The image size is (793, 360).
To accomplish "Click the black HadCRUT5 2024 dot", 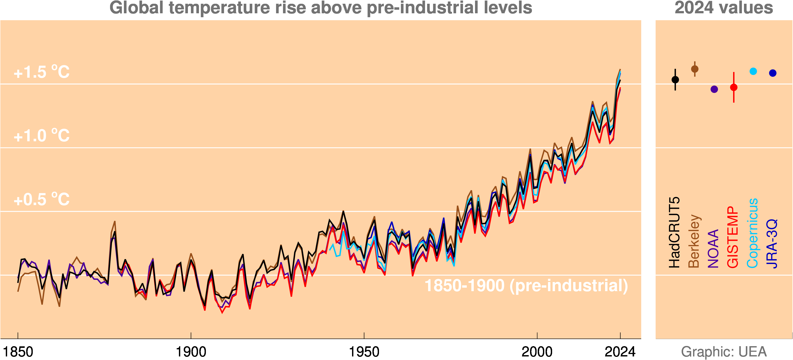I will click(675, 80).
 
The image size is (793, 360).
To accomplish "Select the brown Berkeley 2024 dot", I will click(695, 69).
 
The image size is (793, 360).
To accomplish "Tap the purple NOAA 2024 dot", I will click(714, 89).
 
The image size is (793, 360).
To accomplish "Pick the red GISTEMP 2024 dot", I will click(734, 87).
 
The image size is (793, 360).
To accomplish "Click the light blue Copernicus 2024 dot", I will click(753, 71).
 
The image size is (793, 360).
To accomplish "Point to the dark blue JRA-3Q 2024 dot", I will click(773, 73).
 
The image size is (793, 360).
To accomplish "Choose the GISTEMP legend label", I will click(733, 237).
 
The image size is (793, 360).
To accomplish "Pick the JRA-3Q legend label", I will click(772, 244).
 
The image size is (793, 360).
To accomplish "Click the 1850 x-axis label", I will click(18, 352).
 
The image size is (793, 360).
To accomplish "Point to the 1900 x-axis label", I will click(191, 352).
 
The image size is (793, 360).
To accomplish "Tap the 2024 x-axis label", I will click(620, 352).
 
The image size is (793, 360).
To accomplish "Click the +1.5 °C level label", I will click(42, 72).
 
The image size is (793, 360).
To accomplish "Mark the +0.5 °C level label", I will click(42, 199).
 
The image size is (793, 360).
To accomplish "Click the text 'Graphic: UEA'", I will click(724, 352).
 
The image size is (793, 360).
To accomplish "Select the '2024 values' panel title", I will click(724, 8).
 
